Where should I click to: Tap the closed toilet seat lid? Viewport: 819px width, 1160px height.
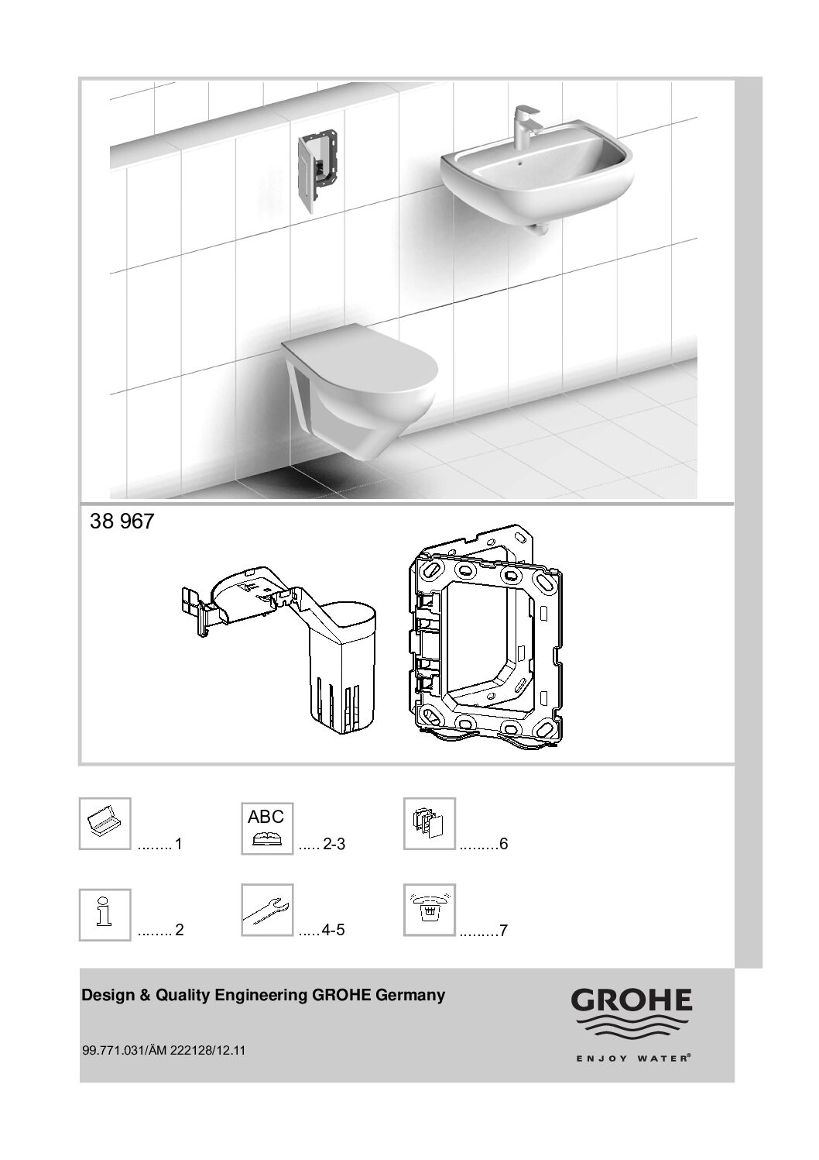(361, 356)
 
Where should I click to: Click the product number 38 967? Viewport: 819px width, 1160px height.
(122, 521)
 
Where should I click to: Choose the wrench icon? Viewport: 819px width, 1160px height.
(267, 910)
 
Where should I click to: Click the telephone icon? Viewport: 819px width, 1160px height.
(430, 910)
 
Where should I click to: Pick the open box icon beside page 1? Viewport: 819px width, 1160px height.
(105, 824)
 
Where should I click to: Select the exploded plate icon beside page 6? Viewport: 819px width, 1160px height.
(430, 824)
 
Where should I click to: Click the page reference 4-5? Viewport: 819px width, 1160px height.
(333, 931)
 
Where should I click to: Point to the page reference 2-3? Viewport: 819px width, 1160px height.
(334, 845)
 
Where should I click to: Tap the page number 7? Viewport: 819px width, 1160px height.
(503, 931)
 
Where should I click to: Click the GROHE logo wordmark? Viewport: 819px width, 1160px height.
(631, 1000)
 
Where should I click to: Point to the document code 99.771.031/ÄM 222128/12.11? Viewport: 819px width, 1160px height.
(163, 1050)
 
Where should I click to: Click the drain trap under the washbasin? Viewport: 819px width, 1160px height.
(539, 229)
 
